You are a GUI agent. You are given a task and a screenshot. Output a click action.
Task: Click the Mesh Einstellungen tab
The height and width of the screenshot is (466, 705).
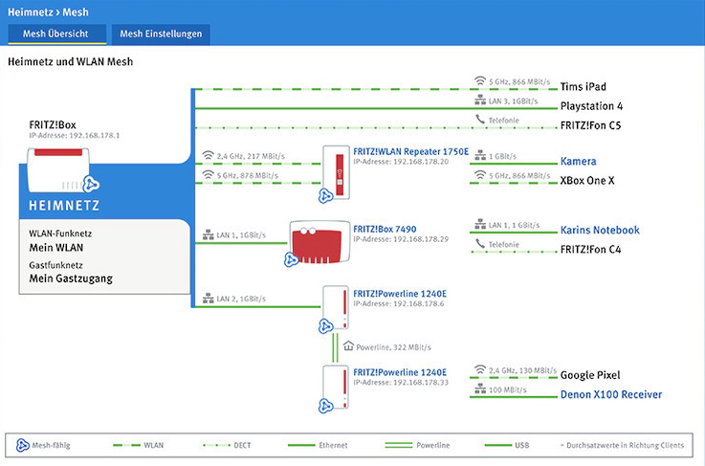point(161,34)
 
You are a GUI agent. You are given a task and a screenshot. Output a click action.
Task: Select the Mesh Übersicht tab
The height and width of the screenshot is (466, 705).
point(55,34)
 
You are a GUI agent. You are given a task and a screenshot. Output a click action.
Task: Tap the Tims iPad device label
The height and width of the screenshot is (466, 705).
point(584,86)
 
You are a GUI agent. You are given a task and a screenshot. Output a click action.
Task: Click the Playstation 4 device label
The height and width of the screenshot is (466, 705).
point(591,106)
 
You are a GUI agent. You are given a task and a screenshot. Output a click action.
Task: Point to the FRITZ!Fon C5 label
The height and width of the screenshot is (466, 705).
point(590,125)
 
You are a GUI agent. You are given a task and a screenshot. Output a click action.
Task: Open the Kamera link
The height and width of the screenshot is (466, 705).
point(578,161)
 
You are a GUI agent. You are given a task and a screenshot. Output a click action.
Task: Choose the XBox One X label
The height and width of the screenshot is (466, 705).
point(587,181)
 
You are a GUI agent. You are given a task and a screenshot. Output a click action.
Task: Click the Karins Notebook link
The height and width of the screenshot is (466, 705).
point(600,230)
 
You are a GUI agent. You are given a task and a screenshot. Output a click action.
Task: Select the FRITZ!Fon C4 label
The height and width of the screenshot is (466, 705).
point(590,249)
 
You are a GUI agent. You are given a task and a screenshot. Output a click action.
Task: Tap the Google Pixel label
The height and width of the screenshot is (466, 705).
point(590,375)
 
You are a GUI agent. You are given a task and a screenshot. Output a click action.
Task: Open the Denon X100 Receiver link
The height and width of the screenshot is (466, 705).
point(611,394)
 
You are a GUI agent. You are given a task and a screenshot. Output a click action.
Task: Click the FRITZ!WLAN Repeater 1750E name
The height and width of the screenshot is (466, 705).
point(411,151)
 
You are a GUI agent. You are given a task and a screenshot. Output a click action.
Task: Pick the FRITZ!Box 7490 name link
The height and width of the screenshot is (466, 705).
point(385,229)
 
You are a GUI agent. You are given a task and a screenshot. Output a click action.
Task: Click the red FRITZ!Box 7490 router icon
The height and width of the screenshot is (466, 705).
point(319,242)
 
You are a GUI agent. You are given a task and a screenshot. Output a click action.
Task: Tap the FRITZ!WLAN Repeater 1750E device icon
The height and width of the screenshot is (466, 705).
point(336,172)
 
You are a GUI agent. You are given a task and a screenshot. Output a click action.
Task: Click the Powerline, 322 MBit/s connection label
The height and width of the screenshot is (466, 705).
point(393,347)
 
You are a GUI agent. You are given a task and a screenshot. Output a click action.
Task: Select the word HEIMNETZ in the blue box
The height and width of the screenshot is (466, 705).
point(64,206)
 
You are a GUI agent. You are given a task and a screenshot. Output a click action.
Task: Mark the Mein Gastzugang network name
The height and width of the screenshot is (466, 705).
point(71,278)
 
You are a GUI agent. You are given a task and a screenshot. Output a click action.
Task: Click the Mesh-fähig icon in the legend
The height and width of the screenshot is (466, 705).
point(23,445)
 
